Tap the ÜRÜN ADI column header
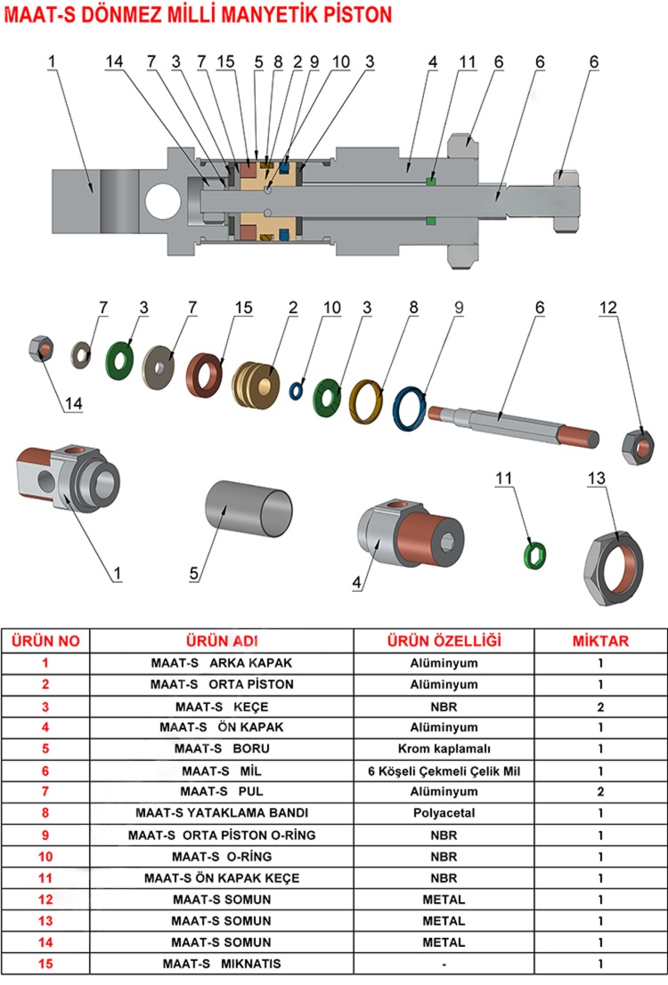click(x=222, y=641)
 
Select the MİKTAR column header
click(x=599, y=641)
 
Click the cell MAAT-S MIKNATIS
click(x=222, y=964)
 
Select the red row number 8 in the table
click(x=46, y=812)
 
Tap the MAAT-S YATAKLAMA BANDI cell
click(x=222, y=812)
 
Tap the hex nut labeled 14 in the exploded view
click(x=42, y=347)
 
